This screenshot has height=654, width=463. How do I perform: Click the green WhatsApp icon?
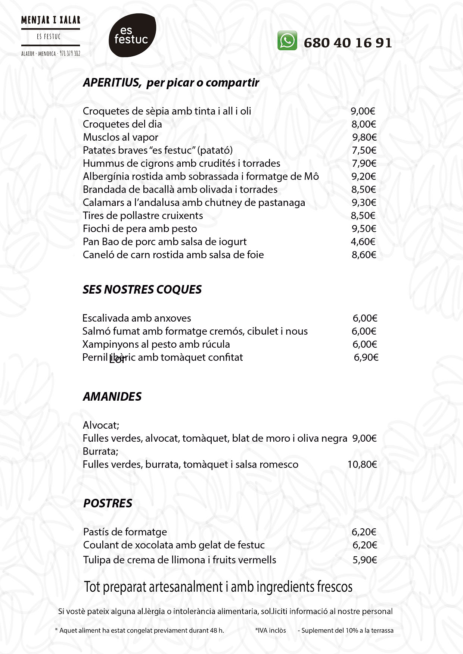tap(287, 41)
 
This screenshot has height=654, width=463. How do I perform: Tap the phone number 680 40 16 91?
tap(348, 43)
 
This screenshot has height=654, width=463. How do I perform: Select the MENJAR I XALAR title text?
tap(51, 20)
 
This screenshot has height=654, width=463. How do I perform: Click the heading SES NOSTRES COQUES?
tap(142, 290)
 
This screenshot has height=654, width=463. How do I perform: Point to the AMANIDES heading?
tap(112, 396)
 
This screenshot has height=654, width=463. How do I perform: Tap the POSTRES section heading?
tap(108, 503)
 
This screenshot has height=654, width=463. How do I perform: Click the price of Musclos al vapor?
tap(364, 137)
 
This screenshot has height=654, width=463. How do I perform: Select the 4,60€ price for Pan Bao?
tap(363, 242)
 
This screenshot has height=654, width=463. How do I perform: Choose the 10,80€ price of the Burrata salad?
tap(362, 464)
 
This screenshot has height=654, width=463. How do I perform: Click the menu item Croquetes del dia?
tap(122, 124)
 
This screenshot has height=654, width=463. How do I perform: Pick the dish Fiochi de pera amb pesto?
tap(140, 229)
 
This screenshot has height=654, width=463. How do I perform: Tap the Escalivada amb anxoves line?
tap(136, 318)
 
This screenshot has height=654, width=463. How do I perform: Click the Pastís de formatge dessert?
tap(125, 532)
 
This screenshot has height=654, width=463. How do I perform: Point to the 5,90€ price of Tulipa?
tap(364, 560)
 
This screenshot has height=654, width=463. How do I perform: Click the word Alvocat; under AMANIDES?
tap(101, 425)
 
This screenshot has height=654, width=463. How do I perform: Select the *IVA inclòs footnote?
tap(270, 630)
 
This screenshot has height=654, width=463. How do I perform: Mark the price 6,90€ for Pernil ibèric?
tap(366, 357)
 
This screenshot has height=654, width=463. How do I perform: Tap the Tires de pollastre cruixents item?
tap(143, 216)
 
